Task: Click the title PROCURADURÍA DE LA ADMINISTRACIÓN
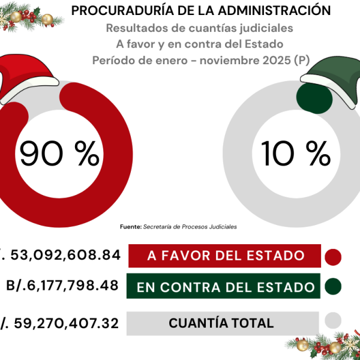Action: [x=201, y=11]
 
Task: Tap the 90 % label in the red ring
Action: [x=59, y=155]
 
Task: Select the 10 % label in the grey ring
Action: [x=296, y=155]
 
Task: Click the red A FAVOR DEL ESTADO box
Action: [x=226, y=256]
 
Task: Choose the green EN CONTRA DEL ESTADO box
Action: [x=226, y=287]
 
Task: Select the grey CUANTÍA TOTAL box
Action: [x=222, y=323]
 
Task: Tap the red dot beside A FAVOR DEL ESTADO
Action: [x=332, y=257]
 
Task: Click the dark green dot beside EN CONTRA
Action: [x=332, y=287]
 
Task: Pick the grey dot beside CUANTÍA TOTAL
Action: [x=332, y=322]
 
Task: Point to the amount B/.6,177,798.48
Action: [x=62, y=286]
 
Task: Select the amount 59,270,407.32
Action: [x=66, y=323]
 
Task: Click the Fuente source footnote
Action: [x=178, y=227]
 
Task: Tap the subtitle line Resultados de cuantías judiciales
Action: [x=200, y=28]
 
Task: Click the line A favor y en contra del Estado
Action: [x=200, y=44]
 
